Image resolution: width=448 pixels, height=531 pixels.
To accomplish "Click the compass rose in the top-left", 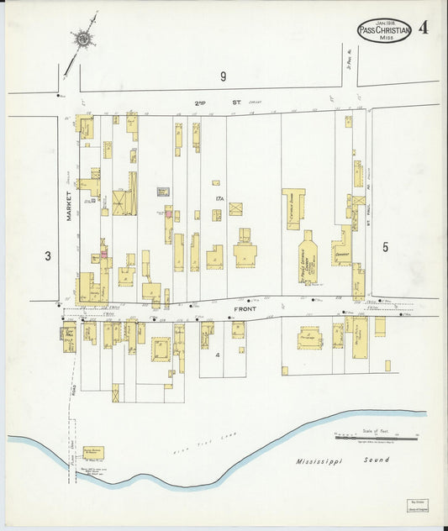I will [84, 37].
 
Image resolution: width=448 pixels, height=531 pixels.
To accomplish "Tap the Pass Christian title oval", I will [384, 31].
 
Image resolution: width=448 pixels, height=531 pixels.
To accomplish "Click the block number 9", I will [224, 77].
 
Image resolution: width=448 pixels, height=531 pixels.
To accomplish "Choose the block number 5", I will [386, 247].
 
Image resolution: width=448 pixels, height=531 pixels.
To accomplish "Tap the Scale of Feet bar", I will [377, 437].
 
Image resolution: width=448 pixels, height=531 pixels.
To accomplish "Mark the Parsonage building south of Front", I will [309, 339].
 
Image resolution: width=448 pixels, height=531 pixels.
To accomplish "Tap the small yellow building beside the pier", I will [92, 454].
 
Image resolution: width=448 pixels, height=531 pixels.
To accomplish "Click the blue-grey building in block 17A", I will [163, 192].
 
